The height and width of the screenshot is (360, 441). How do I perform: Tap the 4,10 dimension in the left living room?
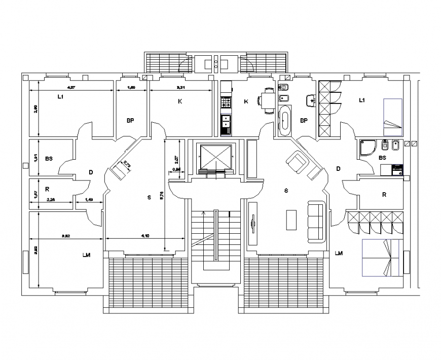click(x=145, y=235)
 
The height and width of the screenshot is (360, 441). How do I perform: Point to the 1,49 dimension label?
click(x=89, y=200)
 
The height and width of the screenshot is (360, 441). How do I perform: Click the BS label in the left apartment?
click(x=49, y=159)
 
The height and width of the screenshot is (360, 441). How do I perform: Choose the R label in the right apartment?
click(x=384, y=194)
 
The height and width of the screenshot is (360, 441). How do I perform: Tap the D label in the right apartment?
click(x=338, y=168)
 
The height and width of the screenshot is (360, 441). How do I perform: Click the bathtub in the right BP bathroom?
click(x=285, y=121)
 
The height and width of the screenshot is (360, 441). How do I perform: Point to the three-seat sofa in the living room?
click(x=316, y=221)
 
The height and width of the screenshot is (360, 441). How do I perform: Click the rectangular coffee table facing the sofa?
click(x=290, y=219)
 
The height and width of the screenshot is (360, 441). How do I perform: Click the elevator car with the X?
click(x=215, y=156)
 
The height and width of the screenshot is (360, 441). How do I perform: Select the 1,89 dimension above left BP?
click(x=130, y=88)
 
